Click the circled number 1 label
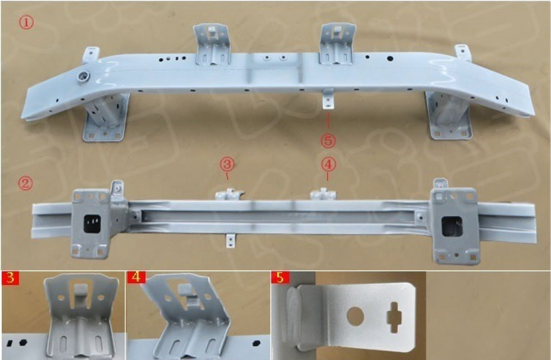(26, 23)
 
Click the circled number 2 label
(26, 183)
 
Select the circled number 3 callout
(228, 164)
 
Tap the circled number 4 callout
(328, 164)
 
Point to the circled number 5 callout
(328, 141)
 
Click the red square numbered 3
(10, 278)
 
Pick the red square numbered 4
(136, 278)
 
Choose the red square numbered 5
(280, 278)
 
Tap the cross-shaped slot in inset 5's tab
(395, 318)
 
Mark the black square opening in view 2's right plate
(452, 227)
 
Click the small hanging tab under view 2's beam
(230, 241)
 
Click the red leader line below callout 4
(328, 176)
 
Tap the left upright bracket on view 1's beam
(212, 44)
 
